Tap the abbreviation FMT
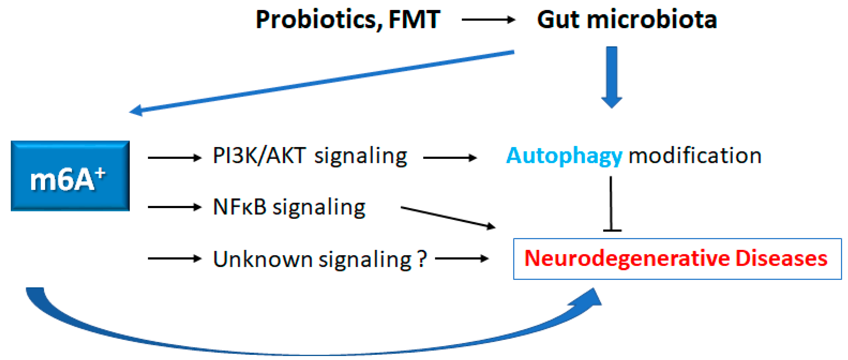tap(414, 20)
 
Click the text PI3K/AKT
tap(259, 155)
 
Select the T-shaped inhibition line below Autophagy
tap(611, 204)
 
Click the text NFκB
tap(239, 207)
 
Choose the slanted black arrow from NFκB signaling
tap(448, 217)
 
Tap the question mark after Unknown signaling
tap(422, 259)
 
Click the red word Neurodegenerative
tap(627, 259)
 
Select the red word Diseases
tap(782, 259)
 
